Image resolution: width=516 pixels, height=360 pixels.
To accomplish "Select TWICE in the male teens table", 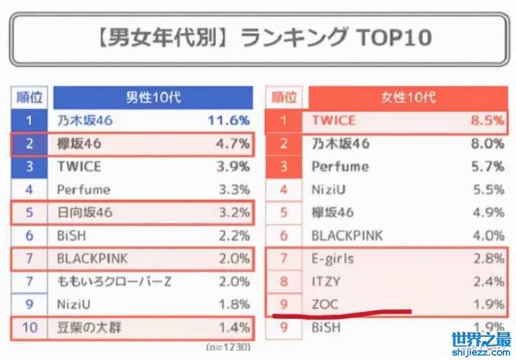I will point(79,166).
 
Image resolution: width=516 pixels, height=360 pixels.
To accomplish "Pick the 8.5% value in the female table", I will point(487,120).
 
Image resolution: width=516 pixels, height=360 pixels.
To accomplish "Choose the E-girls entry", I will point(333,259).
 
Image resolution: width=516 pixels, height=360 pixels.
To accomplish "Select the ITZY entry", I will point(326,281).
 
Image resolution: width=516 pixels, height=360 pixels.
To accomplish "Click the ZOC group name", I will point(325,304).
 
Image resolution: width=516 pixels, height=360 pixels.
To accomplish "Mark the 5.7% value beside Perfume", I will point(487,166).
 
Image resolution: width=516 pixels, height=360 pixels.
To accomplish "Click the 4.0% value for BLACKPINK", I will point(487,235).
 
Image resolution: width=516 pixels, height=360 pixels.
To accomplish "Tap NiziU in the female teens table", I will point(329,190).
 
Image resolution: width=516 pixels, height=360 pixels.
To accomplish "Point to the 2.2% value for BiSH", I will point(233,236).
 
